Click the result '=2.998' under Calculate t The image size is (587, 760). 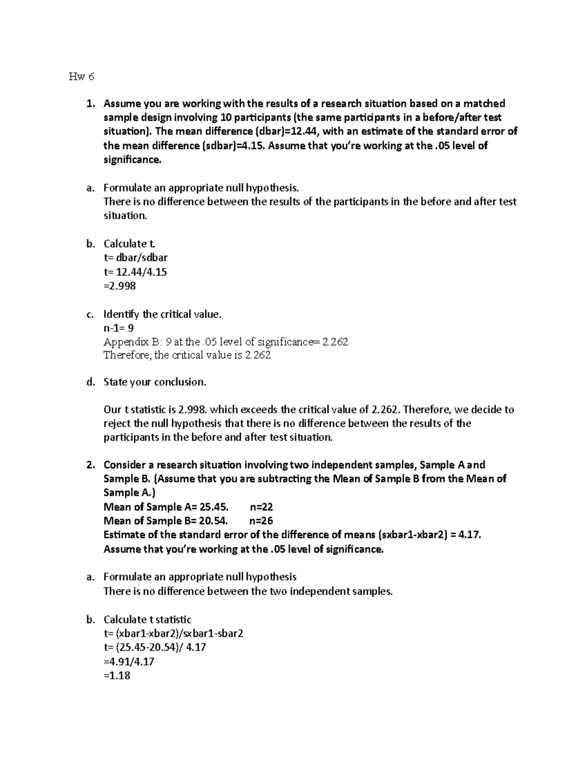(x=120, y=286)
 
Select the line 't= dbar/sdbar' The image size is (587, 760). (x=135, y=257)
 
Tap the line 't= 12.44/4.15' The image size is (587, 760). (x=135, y=272)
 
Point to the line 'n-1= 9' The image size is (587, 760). (x=118, y=328)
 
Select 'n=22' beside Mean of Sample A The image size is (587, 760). (x=261, y=507)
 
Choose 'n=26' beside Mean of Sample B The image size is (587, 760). (x=261, y=521)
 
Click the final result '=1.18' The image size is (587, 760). (x=117, y=676)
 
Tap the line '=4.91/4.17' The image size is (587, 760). (x=129, y=662)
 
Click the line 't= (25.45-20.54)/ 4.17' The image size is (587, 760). (x=155, y=647)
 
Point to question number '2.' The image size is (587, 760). (x=90, y=465)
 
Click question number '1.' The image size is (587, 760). (x=90, y=103)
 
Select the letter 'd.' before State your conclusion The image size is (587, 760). (x=90, y=382)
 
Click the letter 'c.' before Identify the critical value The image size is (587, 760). (x=90, y=314)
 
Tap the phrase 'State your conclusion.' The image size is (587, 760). (x=155, y=382)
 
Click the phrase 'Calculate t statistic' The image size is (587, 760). (x=147, y=620)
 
